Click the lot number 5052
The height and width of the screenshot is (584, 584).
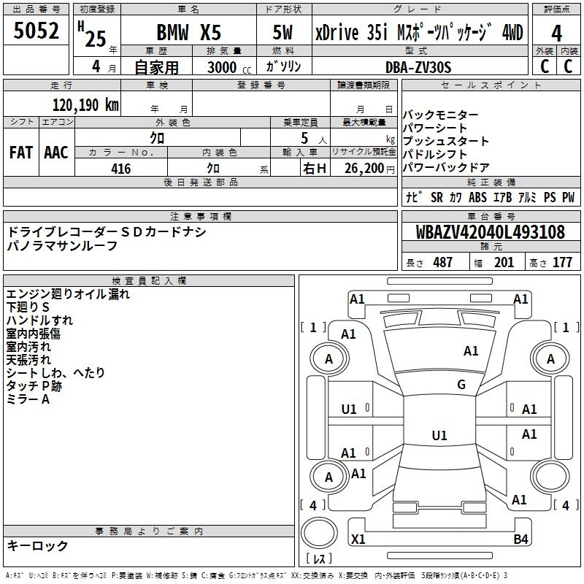click(36, 31)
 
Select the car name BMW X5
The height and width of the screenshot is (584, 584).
click(189, 32)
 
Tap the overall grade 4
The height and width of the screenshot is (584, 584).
click(556, 34)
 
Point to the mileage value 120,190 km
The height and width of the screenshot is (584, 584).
click(85, 105)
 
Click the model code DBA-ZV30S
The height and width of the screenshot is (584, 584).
click(418, 67)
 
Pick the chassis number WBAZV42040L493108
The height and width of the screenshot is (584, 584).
click(491, 232)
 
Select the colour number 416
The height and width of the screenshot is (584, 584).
click(121, 169)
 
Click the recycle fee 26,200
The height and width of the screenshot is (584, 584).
click(364, 169)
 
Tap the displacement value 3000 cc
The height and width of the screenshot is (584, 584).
click(229, 67)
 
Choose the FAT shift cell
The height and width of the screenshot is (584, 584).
click(21, 153)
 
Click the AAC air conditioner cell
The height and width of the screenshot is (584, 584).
click(56, 153)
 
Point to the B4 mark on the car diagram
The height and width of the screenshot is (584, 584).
click(520, 539)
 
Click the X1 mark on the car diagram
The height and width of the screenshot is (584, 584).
click(358, 539)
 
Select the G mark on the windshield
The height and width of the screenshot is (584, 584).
click(461, 385)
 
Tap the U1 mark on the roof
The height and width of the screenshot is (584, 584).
click(439, 435)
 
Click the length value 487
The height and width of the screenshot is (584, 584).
click(443, 262)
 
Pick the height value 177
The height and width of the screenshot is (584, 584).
click(562, 262)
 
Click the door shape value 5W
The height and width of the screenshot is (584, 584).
click(283, 32)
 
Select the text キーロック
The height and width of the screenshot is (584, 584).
click(38, 545)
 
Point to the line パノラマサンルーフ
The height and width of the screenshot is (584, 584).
click(63, 246)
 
